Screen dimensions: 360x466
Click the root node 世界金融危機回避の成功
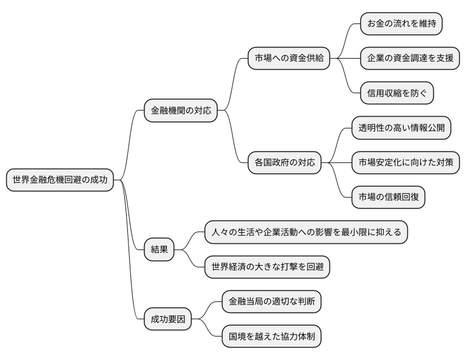(60, 180)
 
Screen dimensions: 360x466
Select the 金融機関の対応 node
(180, 111)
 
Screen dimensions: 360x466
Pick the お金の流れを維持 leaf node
(402, 25)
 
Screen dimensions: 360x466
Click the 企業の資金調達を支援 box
(410, 59)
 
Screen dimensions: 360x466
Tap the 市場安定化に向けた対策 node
(405, 163)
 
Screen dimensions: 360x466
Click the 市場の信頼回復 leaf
(388, 197)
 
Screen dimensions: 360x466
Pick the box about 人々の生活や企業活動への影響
(306, 232)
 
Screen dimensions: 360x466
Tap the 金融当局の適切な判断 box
(271, 302)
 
